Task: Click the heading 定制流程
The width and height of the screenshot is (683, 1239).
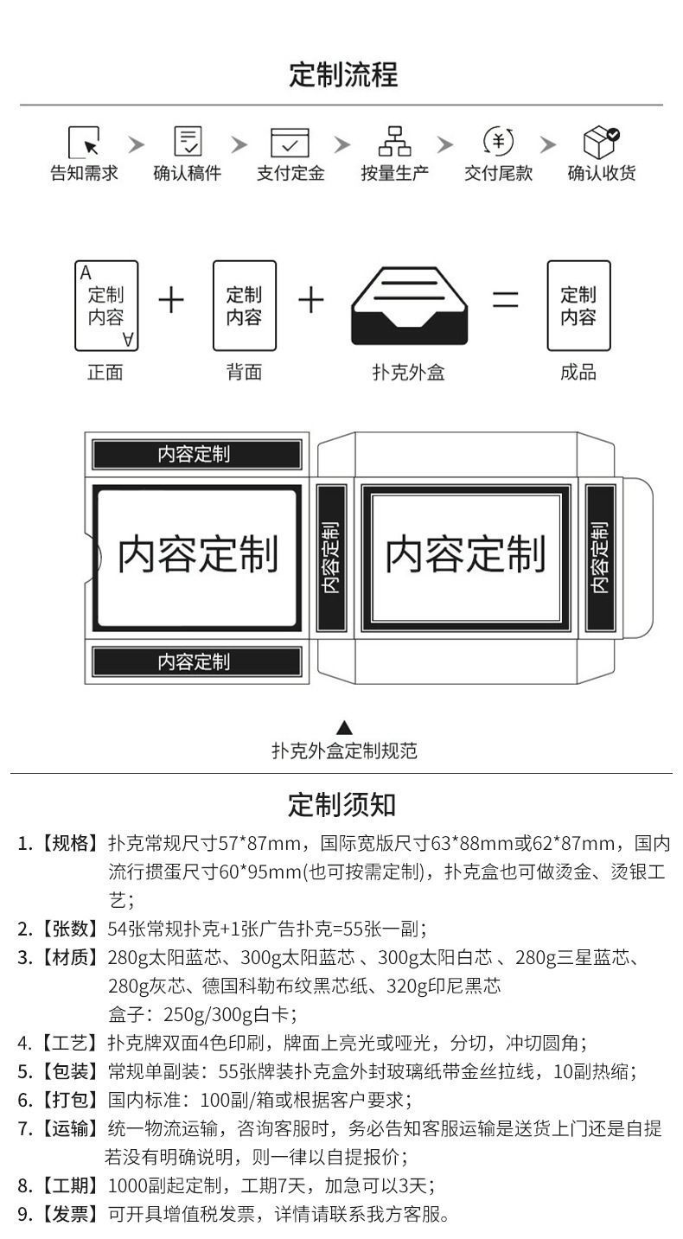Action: click(x=342, y=75)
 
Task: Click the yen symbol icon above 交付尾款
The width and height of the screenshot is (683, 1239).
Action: click(x=498, y=141)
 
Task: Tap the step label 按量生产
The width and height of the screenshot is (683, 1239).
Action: click(x=394, y=173)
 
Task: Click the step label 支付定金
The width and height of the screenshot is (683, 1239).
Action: click(x=290, y=173)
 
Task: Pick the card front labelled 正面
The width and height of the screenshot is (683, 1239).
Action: click(x=106, y=306)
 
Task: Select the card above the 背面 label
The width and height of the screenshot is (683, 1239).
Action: click(x=244, y=306)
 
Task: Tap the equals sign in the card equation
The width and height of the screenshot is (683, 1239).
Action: click(x=506, y=300)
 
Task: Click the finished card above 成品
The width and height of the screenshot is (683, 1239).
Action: click(x=578, y=306)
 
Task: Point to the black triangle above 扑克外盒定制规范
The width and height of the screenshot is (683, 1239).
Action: click(x=344, y=727)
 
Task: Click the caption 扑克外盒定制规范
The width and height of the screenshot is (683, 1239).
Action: click(x=344, y=750)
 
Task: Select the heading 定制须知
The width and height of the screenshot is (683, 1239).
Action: click(x=341, y=804)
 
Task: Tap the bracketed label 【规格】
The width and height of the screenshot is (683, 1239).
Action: click(x=69, y=844)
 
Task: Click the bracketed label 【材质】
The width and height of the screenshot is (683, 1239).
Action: click(x=69, y=958)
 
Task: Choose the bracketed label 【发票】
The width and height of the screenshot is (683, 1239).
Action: click(x=69, y=1214)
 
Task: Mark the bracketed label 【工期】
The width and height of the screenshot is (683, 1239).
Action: click(x=69, y=1185)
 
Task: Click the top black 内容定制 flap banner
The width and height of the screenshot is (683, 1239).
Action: click(x=197, y=454)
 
